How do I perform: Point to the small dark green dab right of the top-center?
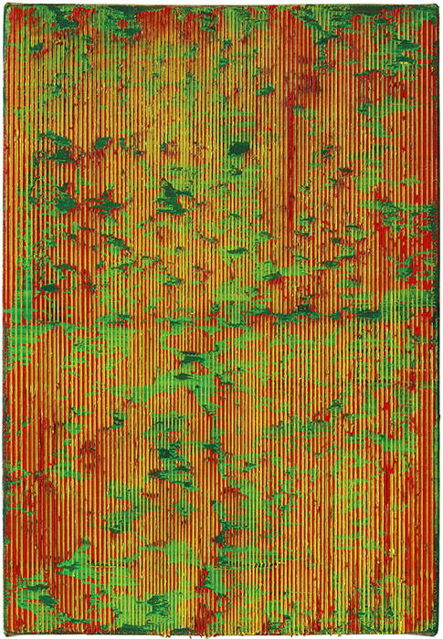[x=265, y=90]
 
